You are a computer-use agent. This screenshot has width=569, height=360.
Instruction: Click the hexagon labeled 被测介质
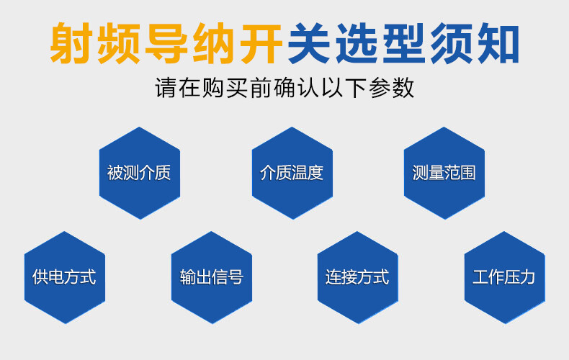point(140,173)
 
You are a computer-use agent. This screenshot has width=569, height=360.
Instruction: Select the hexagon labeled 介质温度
point(292,173)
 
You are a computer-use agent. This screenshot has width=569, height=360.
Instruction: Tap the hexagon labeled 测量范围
point(444,173)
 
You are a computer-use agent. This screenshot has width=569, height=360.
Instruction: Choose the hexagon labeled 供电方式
point(65,277)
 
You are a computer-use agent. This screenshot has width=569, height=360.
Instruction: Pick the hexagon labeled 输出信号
point(212,277)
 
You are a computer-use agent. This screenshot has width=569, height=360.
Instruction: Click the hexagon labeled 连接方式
point(358,277)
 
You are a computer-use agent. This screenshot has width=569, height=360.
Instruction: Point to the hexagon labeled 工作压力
point(504,277)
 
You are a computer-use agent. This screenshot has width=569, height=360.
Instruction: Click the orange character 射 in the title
point(71,43)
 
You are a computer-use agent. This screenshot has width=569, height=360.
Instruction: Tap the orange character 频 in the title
point(118,43)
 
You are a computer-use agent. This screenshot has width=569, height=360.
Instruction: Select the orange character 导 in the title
point(166,43)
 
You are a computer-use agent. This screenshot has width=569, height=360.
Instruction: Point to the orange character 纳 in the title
point(214,43)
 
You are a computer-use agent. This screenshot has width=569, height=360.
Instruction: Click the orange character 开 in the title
point(261,43)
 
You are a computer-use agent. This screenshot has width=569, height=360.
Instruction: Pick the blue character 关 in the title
point(309,43)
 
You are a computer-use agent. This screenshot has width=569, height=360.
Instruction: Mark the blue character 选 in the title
point(357,43)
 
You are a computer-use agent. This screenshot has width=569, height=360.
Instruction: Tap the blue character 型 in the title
point(404,43)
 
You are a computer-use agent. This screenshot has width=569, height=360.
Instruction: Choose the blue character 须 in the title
point(452,43)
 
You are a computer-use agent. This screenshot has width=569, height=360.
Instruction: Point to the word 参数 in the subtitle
point(392,87)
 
